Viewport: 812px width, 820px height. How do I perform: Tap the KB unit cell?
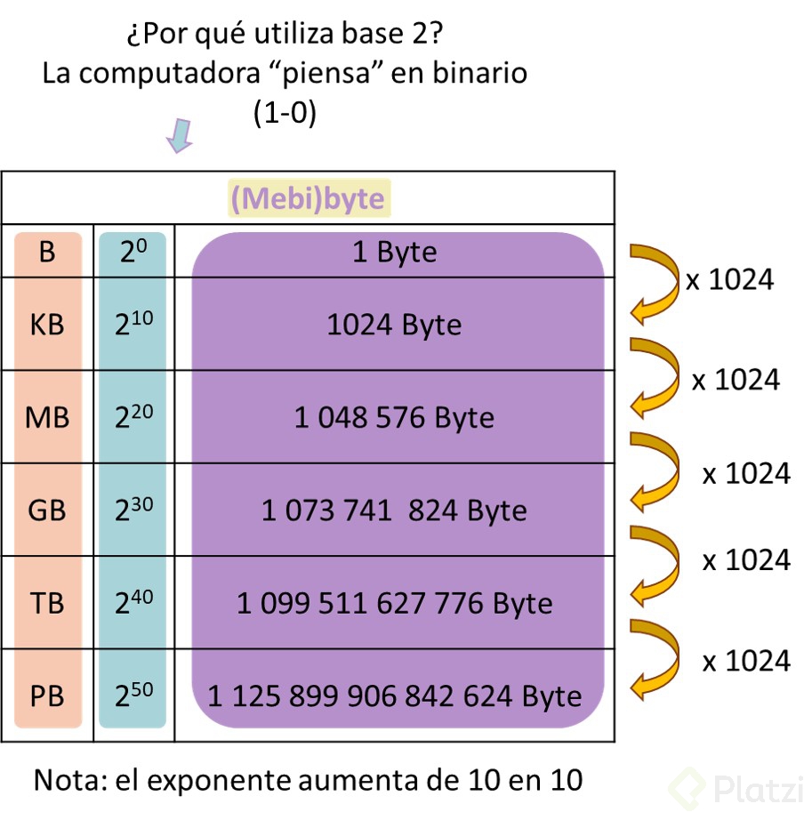coord(47,325)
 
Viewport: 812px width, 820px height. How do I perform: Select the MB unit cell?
coord(47,417)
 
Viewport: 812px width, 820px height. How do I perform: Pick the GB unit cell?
coord(47,510)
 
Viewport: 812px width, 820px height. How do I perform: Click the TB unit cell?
coord(47,603)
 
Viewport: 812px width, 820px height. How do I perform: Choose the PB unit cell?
coord(47,695)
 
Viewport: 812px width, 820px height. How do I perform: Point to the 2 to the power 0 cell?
coord(133,253)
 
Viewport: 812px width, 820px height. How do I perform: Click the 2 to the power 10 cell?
coord(133,325)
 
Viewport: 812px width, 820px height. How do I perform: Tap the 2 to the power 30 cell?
coord(133,510)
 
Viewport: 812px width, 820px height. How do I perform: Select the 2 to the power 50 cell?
coord(133,695)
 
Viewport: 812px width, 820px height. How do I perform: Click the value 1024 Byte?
coord(394,325)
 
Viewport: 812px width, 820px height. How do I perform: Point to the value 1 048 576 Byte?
coord(394,417)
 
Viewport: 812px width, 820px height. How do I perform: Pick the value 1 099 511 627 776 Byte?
coord(394,604)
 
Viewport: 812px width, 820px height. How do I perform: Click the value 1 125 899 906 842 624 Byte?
coord(394,695)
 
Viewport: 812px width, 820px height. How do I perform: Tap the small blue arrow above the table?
coord(181,136)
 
